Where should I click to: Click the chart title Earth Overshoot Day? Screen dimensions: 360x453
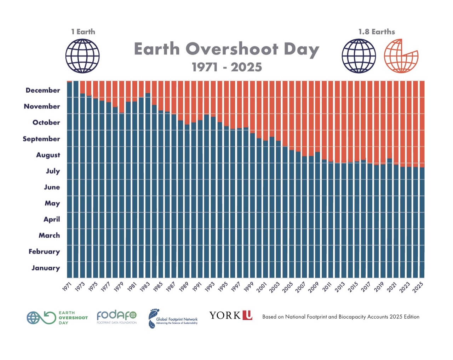226,49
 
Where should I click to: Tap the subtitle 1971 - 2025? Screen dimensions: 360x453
227,67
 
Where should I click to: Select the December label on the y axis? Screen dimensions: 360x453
43,90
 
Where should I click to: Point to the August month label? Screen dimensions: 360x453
48,155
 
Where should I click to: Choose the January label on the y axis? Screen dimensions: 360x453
46,268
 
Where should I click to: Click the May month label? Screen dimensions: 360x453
52,203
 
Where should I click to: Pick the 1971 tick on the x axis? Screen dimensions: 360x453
67,287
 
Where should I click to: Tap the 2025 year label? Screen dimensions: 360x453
418,287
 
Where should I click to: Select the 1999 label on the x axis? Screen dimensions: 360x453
249,287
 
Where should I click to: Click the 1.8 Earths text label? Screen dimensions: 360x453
377,32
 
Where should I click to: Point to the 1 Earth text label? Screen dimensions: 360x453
83,32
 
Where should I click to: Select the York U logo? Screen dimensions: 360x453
231,315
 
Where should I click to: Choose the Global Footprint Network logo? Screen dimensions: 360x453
173,318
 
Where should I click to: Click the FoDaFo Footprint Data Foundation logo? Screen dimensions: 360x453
116,317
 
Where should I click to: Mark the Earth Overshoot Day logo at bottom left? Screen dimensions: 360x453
57,318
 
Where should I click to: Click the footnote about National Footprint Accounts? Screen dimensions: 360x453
340,317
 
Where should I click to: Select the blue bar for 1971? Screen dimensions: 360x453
69,180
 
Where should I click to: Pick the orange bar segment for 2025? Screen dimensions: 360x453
422,124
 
